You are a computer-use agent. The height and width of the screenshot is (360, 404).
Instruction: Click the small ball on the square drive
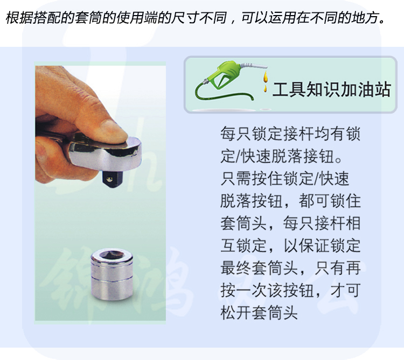click(110, 179)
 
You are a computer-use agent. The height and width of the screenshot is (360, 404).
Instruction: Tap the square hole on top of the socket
click(112, 254)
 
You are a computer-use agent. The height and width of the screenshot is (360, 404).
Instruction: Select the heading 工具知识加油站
click(332, 90)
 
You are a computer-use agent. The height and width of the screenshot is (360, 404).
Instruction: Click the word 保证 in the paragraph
click(314, 246)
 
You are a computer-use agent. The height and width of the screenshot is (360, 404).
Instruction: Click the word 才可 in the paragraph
click(345, 291)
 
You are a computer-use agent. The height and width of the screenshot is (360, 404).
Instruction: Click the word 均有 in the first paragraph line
click(330, 134)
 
